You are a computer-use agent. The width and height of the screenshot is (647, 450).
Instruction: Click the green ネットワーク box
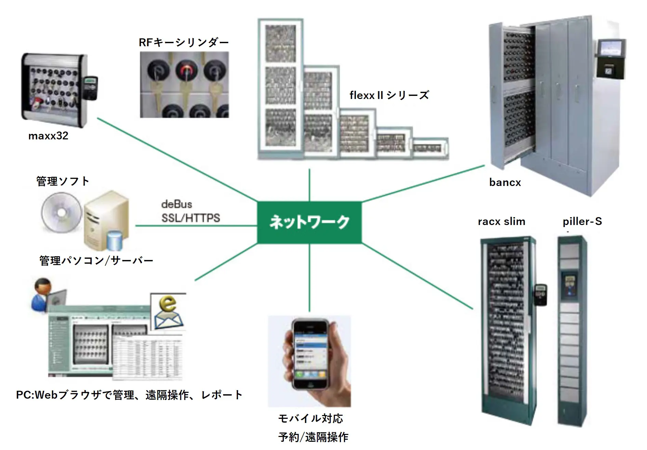tap(309, 222)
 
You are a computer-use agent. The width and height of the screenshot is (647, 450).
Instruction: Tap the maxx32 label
tap(48, 136)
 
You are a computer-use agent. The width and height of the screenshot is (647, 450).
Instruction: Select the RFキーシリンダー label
tap(184, 42)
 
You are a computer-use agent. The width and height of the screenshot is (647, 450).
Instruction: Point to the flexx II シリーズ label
tap(389, 95)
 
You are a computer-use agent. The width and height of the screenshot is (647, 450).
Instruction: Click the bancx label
tap(505, 183)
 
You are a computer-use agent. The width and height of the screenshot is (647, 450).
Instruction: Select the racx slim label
tap(501, 222)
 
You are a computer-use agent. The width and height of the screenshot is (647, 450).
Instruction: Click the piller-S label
tap(582, 222)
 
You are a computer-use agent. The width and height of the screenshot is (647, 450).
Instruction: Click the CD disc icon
tap(62, 212)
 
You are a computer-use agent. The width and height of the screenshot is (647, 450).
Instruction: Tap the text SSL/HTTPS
tap(190, 218)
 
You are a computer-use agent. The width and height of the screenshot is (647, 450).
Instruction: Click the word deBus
tap(176, 204)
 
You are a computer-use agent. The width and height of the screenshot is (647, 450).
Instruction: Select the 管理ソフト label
tap(63, 181)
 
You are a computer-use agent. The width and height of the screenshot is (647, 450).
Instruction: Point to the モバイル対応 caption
tap(310, 418)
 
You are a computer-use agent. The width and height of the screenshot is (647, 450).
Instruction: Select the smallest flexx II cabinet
tap(430, 148)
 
